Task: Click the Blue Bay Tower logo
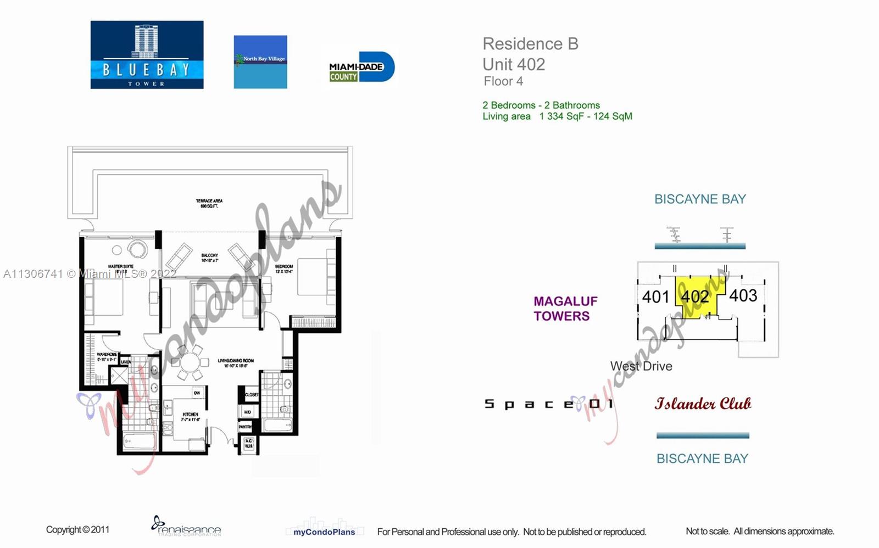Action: pos(147,55)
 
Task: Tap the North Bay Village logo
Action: pos(260,62)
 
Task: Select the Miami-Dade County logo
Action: pos(360,68)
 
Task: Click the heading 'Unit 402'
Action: pos(514,64)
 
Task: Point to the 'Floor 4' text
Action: pos(503,81)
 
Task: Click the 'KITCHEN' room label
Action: pos(190,415)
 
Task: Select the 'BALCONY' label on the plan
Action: pos(209,256)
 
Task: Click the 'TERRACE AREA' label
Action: pos(209,201)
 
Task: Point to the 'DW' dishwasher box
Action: pos(197,393)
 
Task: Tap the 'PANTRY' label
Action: pos(245,427)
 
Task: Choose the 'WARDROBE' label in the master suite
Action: pos(107,355)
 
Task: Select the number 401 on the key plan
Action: pos(655,297)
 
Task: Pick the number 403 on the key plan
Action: pos(743,295)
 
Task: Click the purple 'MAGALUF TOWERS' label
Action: pos(565,309)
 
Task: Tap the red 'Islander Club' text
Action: pos(703,404)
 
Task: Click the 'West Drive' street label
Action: pos(641,366)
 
